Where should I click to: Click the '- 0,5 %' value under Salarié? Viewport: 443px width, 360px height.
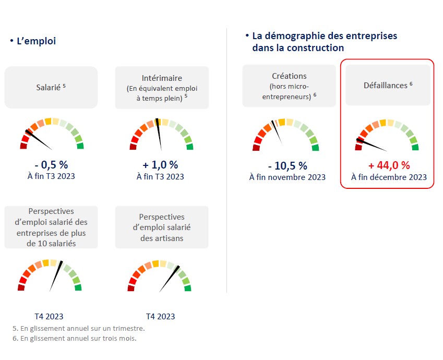click(51, 164)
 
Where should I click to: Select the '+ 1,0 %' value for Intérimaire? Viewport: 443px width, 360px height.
click(160, 164)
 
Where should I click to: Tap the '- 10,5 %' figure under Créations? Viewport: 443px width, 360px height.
click(287, 166)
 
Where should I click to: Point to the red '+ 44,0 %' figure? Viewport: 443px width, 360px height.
click(389, 165)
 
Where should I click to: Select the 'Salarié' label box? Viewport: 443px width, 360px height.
click(51, 87)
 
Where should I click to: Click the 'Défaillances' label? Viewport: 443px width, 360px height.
click(387, 85)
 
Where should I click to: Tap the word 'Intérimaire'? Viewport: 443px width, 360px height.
click(161, 78)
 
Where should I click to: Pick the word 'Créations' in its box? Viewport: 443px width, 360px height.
click(289, 76)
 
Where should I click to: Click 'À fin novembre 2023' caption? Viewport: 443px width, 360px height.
click(287, 177)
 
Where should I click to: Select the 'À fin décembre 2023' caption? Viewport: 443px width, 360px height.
click(389, 177)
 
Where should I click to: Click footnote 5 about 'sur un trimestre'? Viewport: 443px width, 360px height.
click(78, 329)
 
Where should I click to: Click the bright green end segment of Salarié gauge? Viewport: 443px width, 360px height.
click(80, 146)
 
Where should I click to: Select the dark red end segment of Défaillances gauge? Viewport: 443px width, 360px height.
click(358, 147)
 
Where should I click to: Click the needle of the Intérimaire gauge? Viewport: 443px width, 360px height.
click(160, 137)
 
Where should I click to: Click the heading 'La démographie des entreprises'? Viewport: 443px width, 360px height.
click(324, 36)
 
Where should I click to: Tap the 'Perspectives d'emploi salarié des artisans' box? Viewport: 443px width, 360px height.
click(161, 227)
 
